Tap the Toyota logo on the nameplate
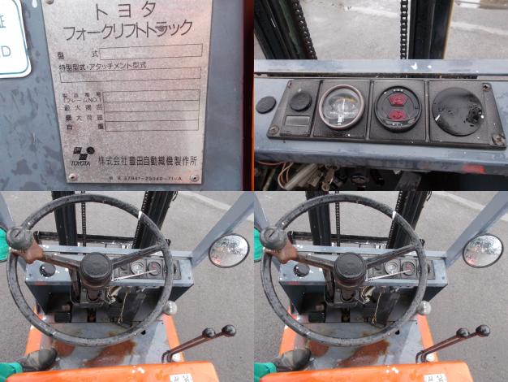point(82,154)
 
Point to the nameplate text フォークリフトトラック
point(128,31)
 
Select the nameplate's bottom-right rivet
point(193,177)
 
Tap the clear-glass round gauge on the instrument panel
point(342,106)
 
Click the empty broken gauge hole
point(458,111)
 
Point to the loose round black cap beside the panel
point(265,105)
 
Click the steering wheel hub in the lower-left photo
point(96,268)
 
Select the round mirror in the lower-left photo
point(228,250)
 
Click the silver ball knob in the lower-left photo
point(169,308)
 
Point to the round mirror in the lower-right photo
point(482,250)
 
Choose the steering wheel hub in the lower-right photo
point(350,268)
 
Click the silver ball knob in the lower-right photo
point(423,308)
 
